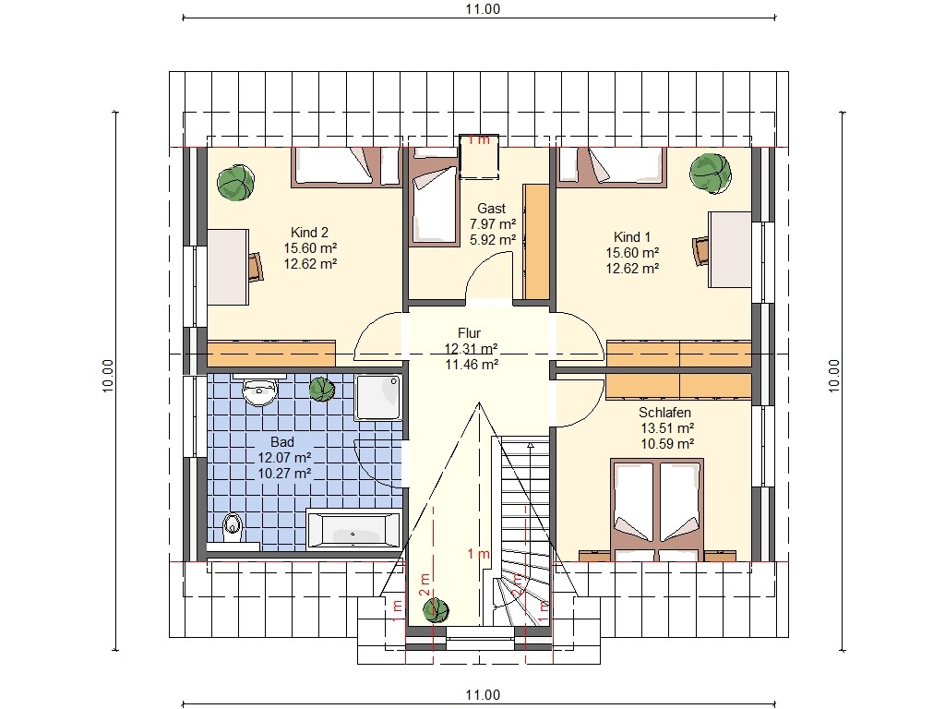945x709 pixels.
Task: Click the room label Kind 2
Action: coord(309,232)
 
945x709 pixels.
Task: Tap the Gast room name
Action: coord(491,209)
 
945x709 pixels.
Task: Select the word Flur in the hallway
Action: coord(469,332)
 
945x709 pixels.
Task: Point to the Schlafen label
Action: coord(664,413)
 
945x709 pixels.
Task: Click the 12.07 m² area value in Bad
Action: coord(284,458)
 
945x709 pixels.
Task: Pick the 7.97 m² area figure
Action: coord(493,224)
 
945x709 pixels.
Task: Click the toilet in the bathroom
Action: coord(232,527)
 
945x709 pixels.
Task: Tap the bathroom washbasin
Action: coord(259,392)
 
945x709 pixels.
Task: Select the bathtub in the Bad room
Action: coord(353,531)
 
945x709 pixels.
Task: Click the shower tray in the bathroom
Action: coord(377,397)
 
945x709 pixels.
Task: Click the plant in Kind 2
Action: coord(235,182)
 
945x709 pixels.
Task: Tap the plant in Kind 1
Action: coord(711,173)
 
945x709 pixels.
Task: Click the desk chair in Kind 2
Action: coord(257,267)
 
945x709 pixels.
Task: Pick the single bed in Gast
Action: coord(433,206)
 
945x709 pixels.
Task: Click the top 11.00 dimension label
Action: coord(483,8)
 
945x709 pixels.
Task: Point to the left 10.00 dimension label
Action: coord(108,376)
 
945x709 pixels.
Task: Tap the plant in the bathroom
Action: coord(322,390)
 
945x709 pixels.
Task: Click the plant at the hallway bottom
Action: coord(436,610)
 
